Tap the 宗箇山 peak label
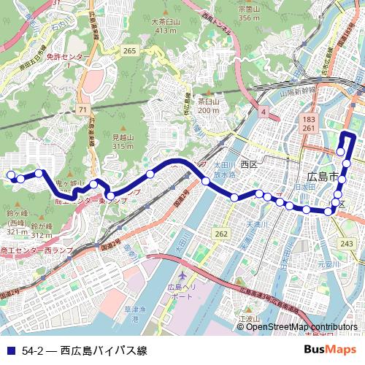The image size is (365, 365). coord(249,9)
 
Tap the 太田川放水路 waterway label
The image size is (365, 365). coord(223,171)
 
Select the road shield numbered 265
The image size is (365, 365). coord(131,50)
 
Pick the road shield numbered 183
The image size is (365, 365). coord(310,118)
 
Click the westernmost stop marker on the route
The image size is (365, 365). coord(11,174)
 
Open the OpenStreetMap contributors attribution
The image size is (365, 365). coord(301,326)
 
